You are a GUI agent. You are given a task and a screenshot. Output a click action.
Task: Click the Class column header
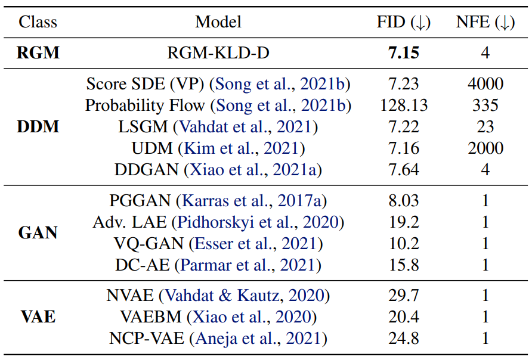[x=38, y=22]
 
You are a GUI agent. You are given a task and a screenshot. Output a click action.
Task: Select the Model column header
[x=218, y=22]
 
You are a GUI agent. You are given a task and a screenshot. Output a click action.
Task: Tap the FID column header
[x=403, y=23]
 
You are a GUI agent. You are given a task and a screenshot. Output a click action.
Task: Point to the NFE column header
[x=485, y=23]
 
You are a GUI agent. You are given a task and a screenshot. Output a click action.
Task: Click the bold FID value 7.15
[x=404, y=53]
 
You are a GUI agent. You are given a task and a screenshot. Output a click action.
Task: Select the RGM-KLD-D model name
[x=218, y=53]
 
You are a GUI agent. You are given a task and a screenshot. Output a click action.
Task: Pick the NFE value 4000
[x=485, y=83]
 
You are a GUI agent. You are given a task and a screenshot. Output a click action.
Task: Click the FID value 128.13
[x=404, y=105]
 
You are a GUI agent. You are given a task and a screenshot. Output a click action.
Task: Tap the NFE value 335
[x=485, y=105]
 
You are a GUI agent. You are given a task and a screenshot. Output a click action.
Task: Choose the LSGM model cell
[x=218, y=127]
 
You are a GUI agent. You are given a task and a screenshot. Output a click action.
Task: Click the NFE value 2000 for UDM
[x=485, y=148]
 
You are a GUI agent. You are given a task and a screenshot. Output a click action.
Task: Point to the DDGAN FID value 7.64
[x=404, y=170]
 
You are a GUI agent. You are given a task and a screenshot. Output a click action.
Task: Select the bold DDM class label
[x=38, y=127]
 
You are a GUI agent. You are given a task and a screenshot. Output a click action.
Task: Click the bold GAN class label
[x=38, y=233]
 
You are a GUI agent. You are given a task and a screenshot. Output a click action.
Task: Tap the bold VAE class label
[x=38, y=317]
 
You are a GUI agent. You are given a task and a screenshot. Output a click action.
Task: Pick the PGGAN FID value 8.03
[x=404, y=201]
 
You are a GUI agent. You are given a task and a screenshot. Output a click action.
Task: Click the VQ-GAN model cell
[x=218, y=244]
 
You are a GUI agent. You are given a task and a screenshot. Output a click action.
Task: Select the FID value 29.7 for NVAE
[x=404, y=296]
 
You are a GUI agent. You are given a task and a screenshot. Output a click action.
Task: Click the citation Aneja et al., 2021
[x=258, y=339]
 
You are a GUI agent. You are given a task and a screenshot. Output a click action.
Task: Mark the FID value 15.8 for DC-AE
[x=404, y=265]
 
